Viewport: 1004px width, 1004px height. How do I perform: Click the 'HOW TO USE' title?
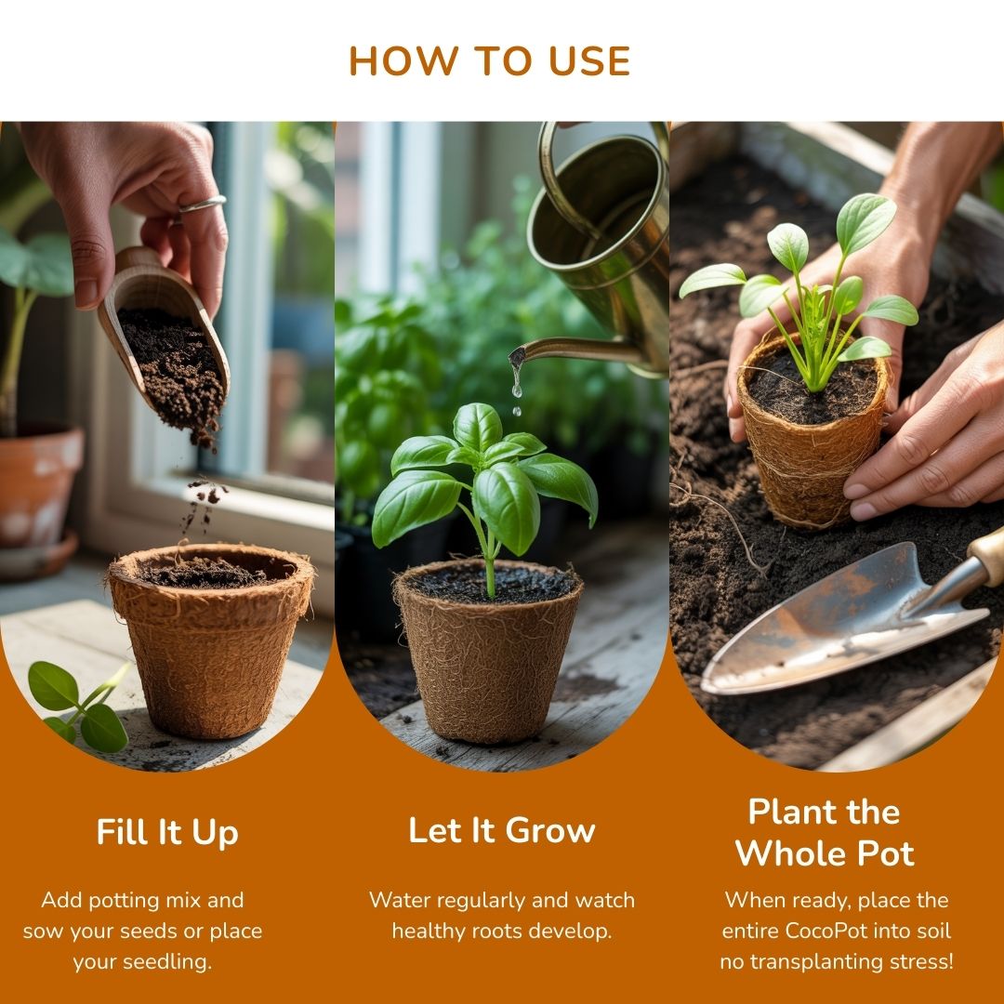490,60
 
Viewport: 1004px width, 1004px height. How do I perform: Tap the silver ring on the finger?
202,205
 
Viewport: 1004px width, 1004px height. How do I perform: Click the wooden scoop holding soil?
163,332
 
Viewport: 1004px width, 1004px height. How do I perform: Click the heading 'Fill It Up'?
167,833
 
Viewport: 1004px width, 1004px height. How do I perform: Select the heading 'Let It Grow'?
502,830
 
